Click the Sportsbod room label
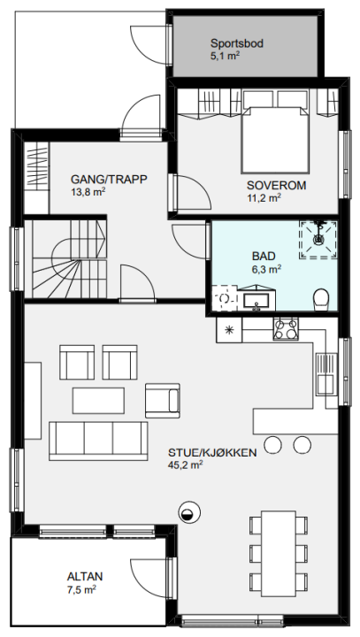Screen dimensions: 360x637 [x=236, y=43]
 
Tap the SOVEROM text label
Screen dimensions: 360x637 [x=276, y=186]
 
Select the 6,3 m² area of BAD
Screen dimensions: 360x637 [x=266, y=268]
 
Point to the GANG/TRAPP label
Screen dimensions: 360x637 [x=109, y=179]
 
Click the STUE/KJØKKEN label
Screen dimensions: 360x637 [x=212, y=453]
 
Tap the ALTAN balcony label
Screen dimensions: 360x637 [x=85, y=577]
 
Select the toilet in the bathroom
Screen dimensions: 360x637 [x=321, y=299]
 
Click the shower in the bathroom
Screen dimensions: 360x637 [x=318, y=239]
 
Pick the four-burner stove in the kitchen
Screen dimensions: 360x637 [x=286, y=329]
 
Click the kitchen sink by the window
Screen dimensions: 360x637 [x=326, y=373]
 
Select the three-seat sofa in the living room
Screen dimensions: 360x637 [x=98, y=441]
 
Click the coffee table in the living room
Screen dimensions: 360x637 [x=98, y=401]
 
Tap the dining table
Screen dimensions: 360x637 [x=279, y=553]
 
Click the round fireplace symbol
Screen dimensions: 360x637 [x=189, y=512]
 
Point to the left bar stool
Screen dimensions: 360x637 [x=272, y=444]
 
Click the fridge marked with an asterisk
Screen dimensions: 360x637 [x=229, y=330]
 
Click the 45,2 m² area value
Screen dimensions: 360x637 [x=185, y=464]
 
